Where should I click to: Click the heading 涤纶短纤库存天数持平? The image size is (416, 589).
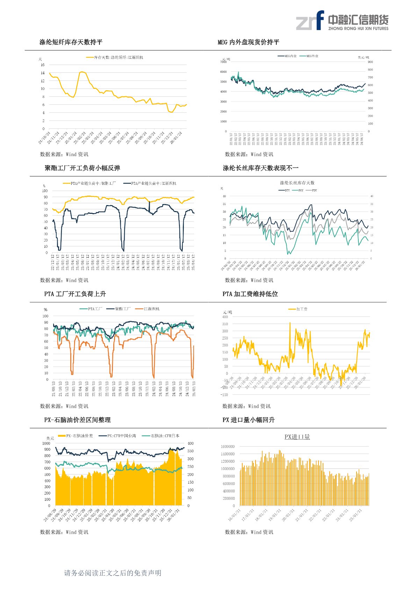71,42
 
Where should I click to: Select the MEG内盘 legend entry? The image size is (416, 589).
288,56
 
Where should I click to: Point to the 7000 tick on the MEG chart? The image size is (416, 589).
223,62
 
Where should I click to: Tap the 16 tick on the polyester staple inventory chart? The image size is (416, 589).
43,65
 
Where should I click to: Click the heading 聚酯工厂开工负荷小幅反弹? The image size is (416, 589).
83,168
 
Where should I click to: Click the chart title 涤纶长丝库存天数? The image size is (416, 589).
297,183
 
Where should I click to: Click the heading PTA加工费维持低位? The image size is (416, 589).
250,294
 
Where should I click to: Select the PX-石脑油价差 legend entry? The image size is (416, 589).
76,436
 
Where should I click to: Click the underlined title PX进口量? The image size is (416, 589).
297,437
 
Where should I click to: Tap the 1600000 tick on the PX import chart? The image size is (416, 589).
228,447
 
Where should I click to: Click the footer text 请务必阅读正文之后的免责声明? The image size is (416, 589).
113,573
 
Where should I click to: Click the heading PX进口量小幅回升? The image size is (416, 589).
249,420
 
